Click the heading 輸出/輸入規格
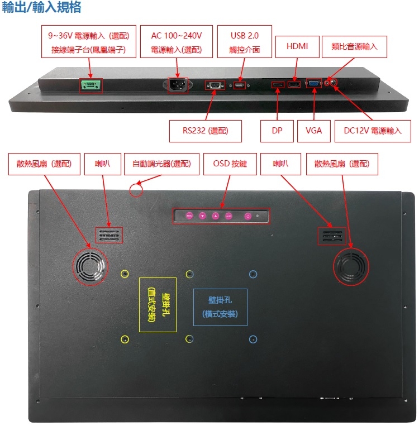(x=41, y=7)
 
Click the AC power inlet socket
(x=178, y=85)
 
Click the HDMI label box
(x=297, y=46)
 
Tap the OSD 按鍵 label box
(x=230, y=164)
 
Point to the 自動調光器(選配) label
(x=161, y=164)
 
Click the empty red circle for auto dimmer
(x=136, y=190)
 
